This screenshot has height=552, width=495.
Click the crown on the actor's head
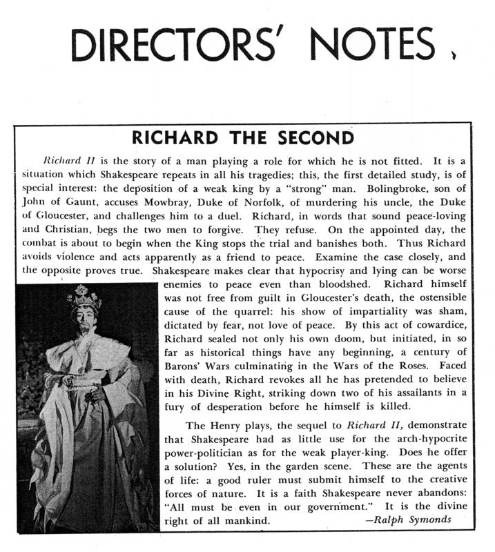[x=84, y=299]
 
